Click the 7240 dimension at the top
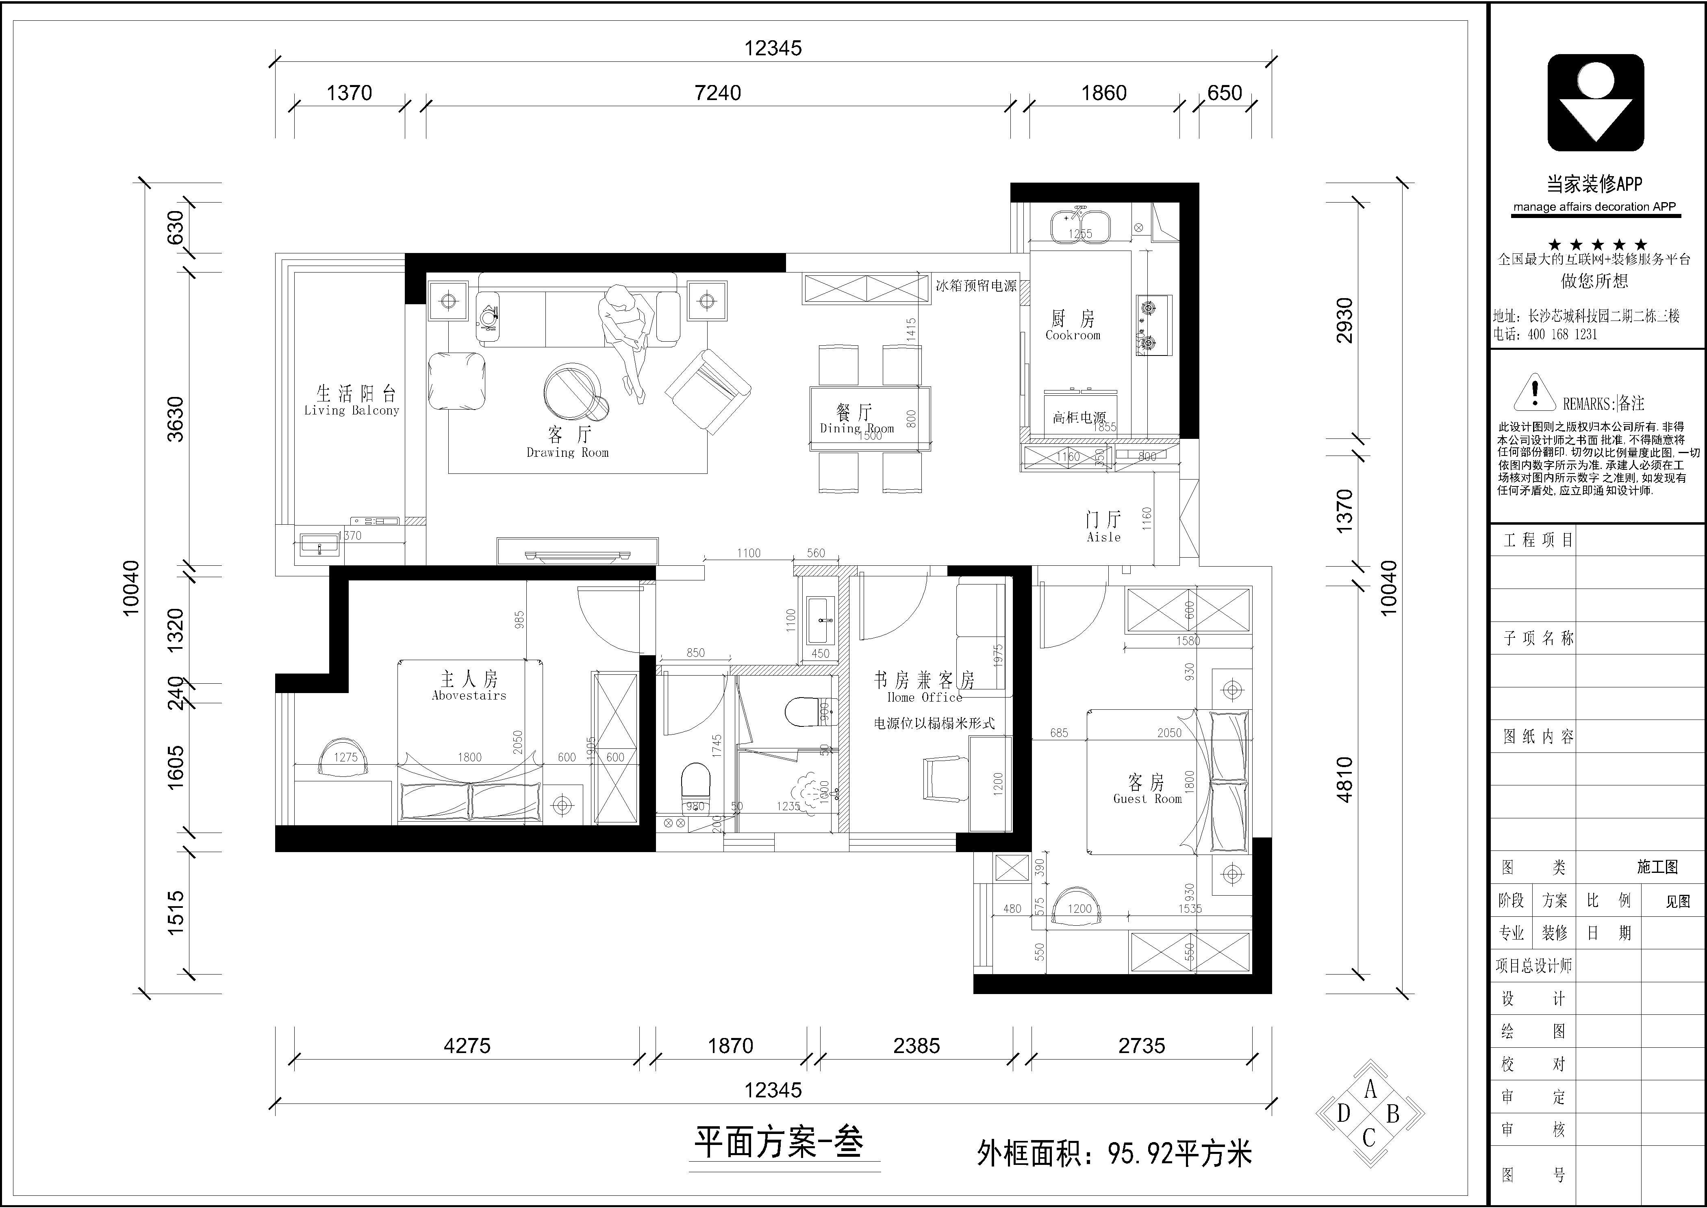click(717, 93)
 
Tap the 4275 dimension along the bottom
click(467, 1046)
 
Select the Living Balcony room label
click(352, 410)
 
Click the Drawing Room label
click(567, 452)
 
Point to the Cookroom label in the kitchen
click(1073, 336)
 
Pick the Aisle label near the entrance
click(1103, 537)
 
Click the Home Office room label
click(924, 697)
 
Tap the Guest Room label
click(1147, 799)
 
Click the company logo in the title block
click(1596, 102)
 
